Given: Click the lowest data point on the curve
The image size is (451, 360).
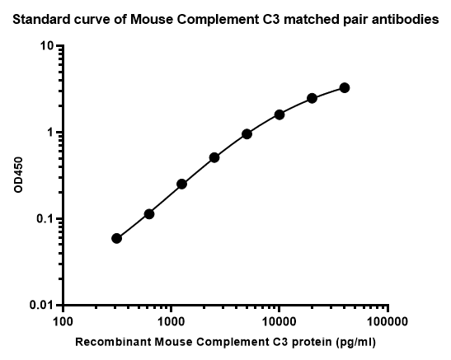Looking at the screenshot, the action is (116, 238).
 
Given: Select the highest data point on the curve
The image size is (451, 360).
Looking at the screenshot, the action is (345, 88).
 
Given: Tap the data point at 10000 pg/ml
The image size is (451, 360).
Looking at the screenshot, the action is (280, 115).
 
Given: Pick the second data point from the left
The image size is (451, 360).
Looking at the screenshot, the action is (149, 214).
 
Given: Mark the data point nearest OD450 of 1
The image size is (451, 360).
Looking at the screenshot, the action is (247, 134).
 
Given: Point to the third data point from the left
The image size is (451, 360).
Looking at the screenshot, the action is (181, 184).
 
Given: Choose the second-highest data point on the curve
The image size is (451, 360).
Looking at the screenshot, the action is (312, 98).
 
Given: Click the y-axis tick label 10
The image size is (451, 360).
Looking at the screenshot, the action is (47, 45).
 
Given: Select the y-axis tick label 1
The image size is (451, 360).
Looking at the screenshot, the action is (51, 133).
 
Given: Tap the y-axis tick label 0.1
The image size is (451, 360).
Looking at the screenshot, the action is (45, 219).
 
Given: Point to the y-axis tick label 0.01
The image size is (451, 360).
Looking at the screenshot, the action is (42, 305).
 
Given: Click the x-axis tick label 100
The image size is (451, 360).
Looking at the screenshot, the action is (63, 322).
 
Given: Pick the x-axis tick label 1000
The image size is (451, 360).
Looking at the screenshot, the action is (171, 322).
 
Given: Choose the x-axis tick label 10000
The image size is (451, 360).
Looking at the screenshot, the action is (280, 322).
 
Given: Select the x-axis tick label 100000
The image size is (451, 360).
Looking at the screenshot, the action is (388, 322).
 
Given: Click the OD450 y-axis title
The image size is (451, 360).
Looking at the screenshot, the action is (18, 175).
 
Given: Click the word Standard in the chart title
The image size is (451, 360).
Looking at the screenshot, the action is (42, 20).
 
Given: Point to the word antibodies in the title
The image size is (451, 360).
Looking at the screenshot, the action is (412, 20).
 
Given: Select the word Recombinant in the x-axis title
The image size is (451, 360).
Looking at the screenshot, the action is (113, 342).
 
